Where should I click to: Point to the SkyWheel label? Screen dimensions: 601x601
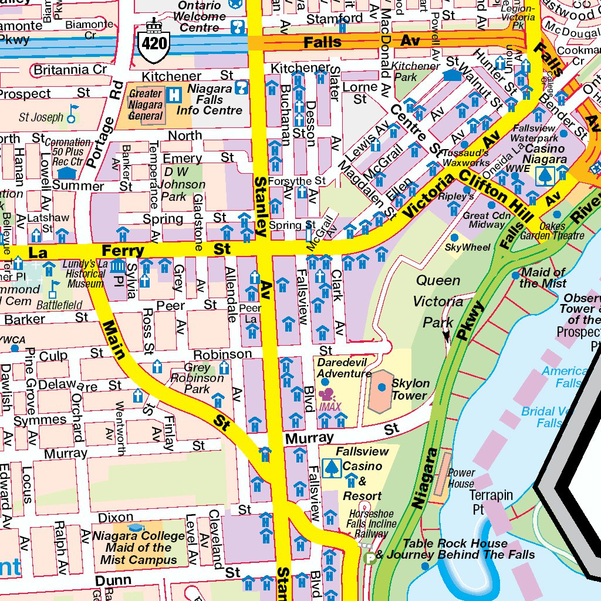click(467, 247)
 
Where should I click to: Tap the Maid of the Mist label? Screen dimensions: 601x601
click(543, 278)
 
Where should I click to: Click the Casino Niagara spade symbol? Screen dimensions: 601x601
click(546, 174)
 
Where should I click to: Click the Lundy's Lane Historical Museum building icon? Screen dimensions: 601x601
click(118, 268)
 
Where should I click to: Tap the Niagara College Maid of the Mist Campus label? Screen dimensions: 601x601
click(139, 548)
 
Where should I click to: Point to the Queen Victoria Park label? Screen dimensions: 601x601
click(438, 301)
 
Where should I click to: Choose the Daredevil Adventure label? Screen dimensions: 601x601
click(344, 367)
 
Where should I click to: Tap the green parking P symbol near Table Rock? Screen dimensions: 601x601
click(370, 559)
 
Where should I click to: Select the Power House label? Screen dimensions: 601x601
click(461, 478)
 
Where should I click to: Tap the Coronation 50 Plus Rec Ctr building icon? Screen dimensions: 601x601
click(68, 172)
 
